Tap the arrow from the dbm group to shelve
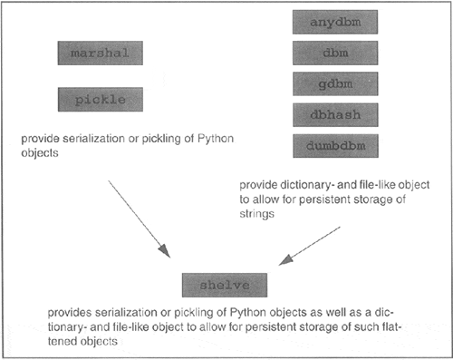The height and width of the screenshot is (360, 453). click(x=310, y=247)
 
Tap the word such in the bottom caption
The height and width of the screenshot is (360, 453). click(x=325, y=322)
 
